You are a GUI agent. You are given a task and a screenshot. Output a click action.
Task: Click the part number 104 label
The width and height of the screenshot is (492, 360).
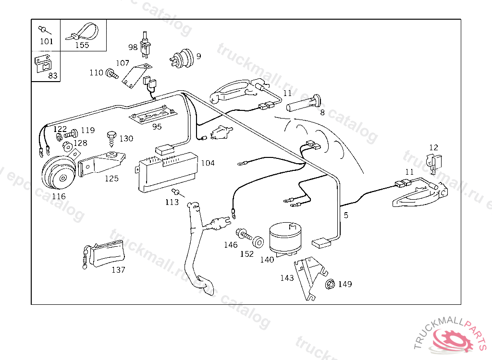(208, 163)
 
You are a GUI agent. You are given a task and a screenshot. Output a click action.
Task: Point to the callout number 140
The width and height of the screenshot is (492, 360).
(267, 260)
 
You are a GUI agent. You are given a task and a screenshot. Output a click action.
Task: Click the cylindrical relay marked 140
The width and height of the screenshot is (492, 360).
(286, 238)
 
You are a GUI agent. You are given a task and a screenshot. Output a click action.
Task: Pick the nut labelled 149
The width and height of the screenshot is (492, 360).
(330, 284)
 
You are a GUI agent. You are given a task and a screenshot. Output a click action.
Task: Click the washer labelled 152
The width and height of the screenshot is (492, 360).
(258, 241)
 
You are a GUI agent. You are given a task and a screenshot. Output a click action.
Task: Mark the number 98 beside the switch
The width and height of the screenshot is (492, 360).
(133, 47)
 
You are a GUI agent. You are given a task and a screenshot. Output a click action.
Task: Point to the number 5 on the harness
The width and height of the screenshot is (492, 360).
(346, 216)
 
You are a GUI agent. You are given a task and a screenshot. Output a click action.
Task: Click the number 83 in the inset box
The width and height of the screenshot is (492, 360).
(53, 76)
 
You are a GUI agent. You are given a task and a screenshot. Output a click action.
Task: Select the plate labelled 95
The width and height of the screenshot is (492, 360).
(151, 116)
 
